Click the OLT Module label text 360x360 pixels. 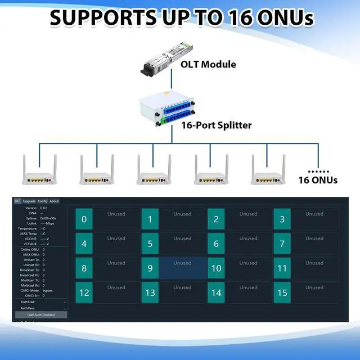point(208,64)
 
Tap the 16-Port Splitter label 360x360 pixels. point(216,125)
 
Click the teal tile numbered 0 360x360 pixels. point(84,219)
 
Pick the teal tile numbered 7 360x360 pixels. point(282,244)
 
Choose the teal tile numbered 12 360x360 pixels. point(84,293)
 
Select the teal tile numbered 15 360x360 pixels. point(282,293)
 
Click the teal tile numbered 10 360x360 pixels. point(216,268)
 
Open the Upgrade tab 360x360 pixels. point(29,201)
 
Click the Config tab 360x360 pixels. point(42,201)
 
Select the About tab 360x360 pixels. point(54,201)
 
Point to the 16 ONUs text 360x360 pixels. point(318,180)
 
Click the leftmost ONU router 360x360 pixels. point(39,169)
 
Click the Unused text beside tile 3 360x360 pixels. point(314,214)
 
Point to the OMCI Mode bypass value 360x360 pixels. point(47,290)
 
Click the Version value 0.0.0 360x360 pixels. point(44,208)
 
